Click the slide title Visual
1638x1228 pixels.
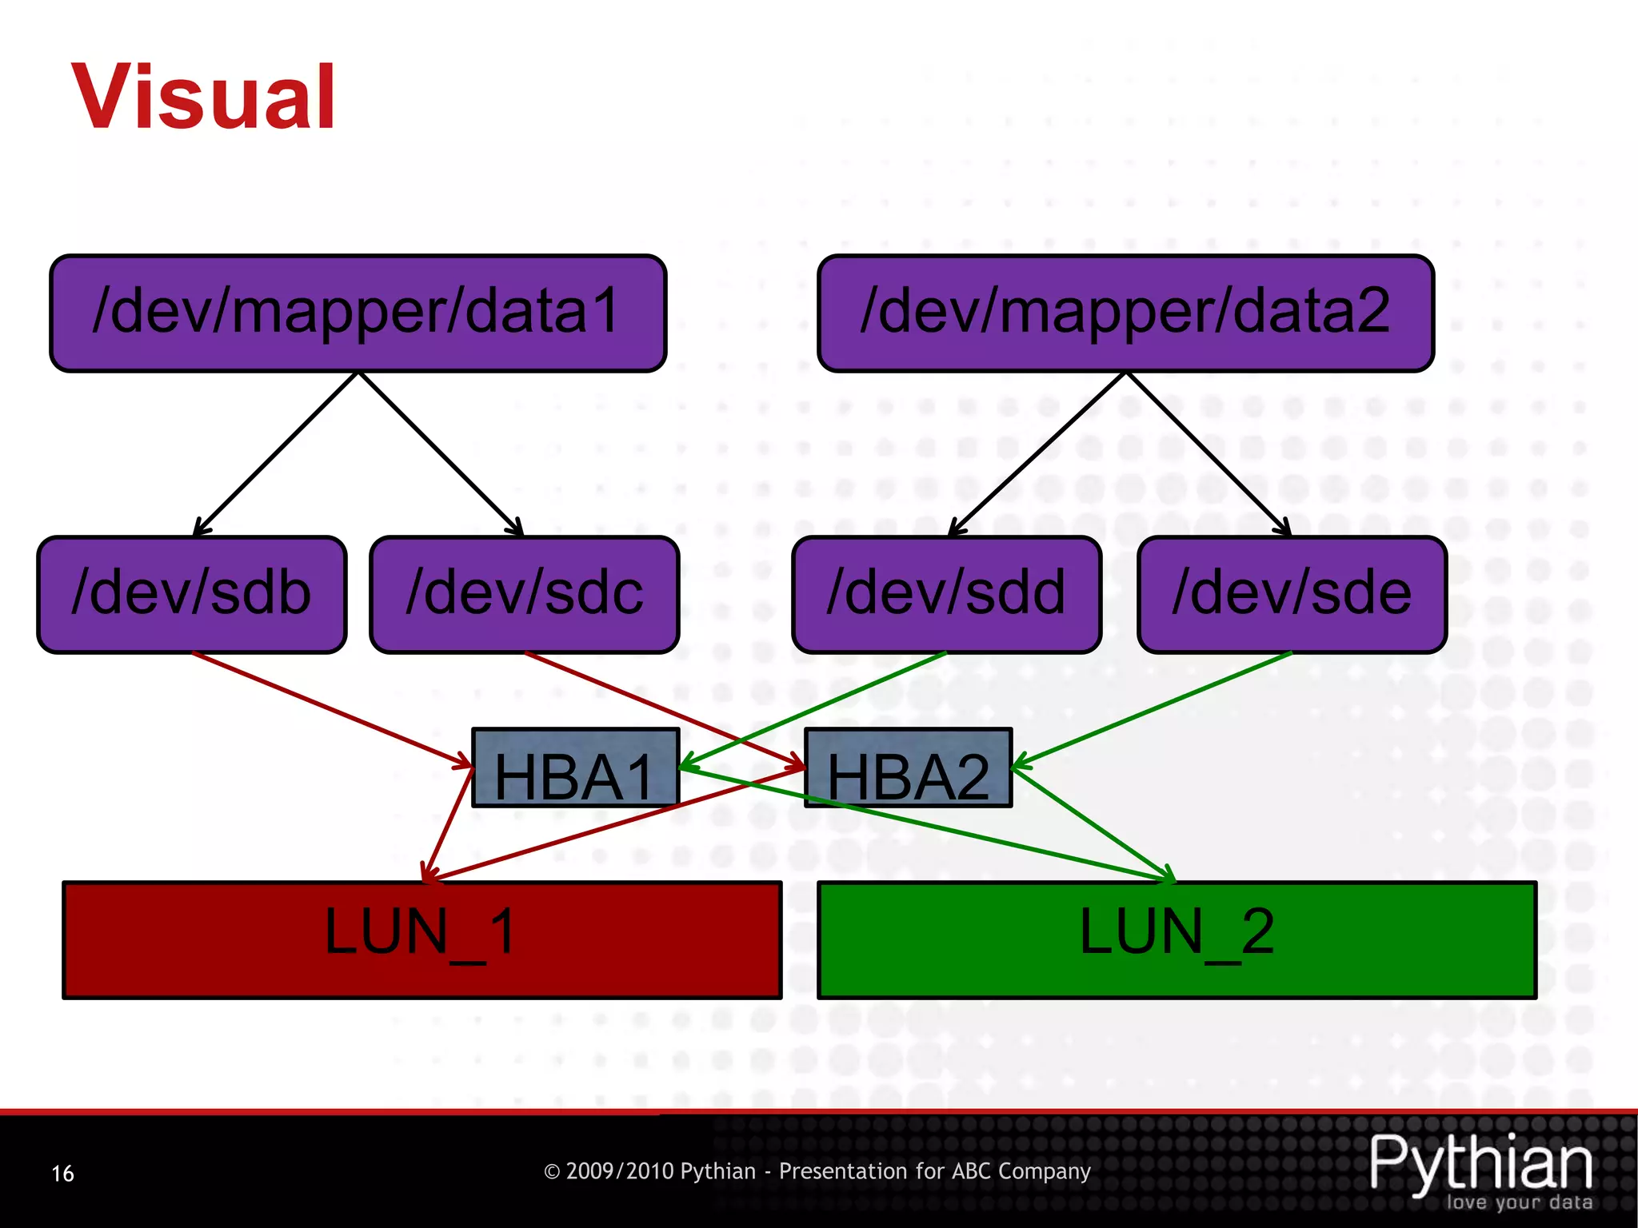tap(204, 98)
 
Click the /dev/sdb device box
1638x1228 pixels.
tap(192, 595)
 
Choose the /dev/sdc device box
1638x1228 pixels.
tap(525, 595)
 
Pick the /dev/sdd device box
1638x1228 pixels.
tap(946, 595)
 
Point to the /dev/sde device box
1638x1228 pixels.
tap(1292, 595)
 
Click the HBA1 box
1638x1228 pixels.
tap(575, 768)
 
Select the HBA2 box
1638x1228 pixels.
tap(908, 768)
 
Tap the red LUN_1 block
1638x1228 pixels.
tap(421, 940)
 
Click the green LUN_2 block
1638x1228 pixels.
tap(1177, 940)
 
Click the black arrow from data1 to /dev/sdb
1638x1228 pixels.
tap(276, 454)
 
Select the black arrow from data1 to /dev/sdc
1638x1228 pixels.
tap(441, 454)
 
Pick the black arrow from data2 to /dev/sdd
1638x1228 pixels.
tap(1037, 454)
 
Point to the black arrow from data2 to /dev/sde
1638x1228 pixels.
tap(1209, 454)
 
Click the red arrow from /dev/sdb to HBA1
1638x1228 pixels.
tap(332, 710)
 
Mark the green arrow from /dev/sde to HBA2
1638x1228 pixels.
tap(1152, 710)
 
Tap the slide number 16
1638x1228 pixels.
tap(62, 1174)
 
